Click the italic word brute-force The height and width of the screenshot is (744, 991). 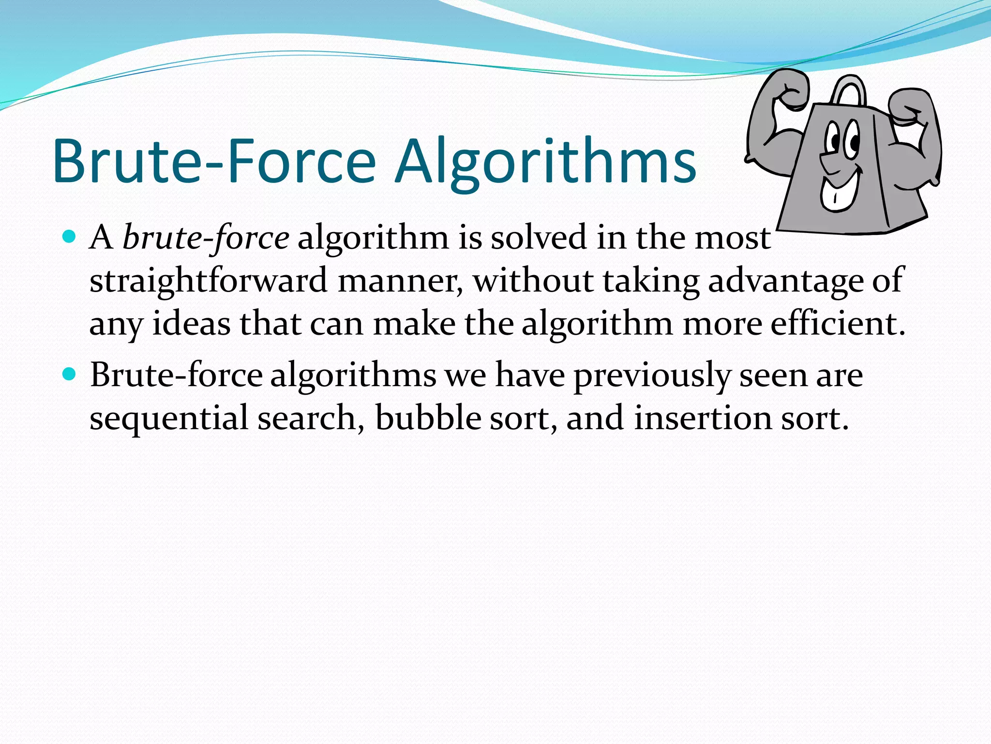(x=206, y=238)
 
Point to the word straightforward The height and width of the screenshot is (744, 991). (x=209, y=280)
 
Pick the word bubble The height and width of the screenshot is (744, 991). (x=428, y=417)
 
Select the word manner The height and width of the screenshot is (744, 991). (x=400, y=281)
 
